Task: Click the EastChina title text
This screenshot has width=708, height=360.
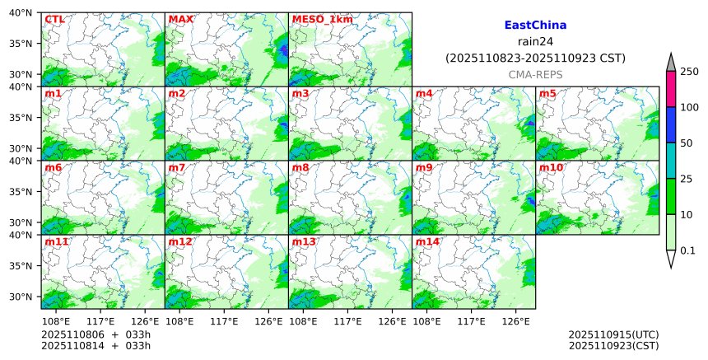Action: (535, 26)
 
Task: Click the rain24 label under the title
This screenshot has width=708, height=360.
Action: (535, 42)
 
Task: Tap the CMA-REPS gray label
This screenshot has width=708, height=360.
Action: (535, 74)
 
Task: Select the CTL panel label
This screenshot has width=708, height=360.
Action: (54, 19)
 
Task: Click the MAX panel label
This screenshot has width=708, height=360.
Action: (180, 19)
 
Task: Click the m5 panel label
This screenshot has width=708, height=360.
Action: (547, 93)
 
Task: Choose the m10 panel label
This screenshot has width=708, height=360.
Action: (551, 167)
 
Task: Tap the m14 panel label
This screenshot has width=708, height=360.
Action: (427, 241)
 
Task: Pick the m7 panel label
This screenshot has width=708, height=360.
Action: (177, 167)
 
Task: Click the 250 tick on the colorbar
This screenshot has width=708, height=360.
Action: (689, 72)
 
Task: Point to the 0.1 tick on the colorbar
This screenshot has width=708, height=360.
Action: (687, 250)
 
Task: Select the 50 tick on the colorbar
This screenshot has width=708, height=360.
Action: (686, 143)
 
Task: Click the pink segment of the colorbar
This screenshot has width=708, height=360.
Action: (671, 89)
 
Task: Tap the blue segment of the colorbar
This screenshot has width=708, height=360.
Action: (671, 125)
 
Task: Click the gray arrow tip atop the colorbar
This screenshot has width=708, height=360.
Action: (671, 63)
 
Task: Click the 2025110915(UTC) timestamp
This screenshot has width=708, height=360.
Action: (613, 334)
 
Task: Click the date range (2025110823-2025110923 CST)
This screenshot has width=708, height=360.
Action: (535, 58)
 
